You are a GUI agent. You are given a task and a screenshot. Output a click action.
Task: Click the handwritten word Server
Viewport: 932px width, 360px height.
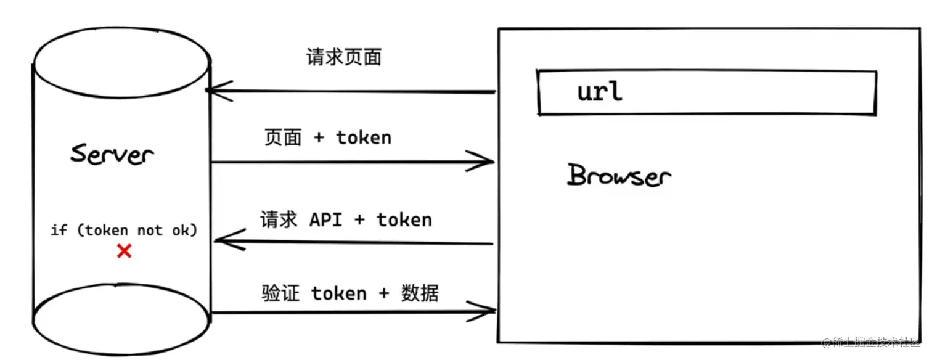point(112,153)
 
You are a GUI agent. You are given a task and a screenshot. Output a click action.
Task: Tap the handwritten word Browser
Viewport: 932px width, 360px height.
point(618,176)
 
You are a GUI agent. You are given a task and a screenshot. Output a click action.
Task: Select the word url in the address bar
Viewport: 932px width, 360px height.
point(600,92)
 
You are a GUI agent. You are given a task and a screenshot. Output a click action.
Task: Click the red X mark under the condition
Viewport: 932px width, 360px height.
point(125,251)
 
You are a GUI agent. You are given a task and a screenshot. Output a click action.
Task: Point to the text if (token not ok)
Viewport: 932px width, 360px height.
point(124,231)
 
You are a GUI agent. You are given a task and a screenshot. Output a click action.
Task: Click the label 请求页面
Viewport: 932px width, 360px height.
point(344,57)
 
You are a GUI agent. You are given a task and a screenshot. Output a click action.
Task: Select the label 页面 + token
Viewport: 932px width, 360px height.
point(328,137)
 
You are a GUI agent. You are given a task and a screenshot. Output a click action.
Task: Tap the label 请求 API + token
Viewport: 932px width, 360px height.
point(346,220)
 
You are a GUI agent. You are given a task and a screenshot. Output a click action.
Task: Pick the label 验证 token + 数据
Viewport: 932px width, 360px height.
point(350,293)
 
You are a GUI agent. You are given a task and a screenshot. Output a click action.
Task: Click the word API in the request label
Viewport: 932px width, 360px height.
point(325,220)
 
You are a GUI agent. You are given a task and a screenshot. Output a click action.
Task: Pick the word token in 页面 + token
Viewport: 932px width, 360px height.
point(364,137)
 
